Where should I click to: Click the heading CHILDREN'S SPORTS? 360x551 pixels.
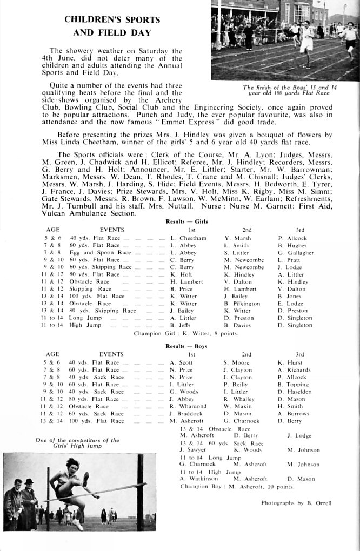click(x=112, y=19)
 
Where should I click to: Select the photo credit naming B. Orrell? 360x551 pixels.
click(x=296, y=503)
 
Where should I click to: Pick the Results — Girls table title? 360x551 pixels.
click(x=186, y=221)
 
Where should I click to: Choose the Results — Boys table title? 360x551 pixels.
click(x=186, y=346)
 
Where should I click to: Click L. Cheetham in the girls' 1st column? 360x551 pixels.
click(x=188, y=238)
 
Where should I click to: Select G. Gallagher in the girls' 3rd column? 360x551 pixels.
click(x=296, y=253)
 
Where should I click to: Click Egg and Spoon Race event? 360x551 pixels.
click(x=100, y=253)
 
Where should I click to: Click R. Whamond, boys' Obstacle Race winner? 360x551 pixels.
click(x=188, y=406)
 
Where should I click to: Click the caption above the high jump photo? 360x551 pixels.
click(x=77, y=444)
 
